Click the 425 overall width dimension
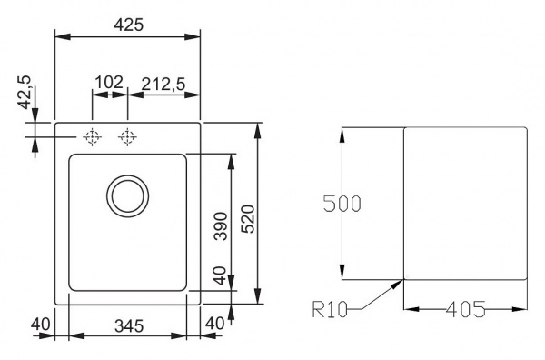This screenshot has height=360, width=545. click(x=129, y=25)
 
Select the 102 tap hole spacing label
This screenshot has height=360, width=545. click(x=109, y=83)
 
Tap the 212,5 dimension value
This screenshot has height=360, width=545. click(x=163, y=84)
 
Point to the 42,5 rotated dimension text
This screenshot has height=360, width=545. click(x=25, y=93)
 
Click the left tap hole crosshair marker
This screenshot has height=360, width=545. click(x=92, y=137)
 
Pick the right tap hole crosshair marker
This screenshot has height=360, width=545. click(x=127, y=137)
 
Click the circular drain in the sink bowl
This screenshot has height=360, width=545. click(x=127, y=196)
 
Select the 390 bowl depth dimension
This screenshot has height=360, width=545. click(x=221, y=226)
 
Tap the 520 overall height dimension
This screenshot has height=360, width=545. click(x=249, y=219)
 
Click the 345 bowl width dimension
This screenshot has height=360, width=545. click(x=129, y=326)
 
